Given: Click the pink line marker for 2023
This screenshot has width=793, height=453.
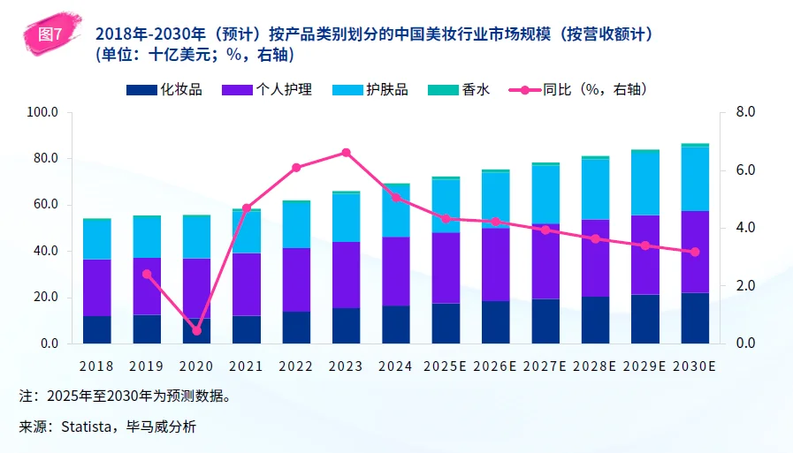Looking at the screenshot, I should point(346,153).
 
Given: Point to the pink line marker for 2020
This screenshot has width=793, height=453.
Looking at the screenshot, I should point(196,330).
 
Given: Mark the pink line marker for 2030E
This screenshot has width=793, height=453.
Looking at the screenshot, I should point(695,252).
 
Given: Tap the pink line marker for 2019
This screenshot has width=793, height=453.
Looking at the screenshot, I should point(147,274).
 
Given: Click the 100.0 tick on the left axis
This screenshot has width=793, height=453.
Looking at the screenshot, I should point(42,113).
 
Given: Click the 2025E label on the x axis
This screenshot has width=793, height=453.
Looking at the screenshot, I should point(446,366).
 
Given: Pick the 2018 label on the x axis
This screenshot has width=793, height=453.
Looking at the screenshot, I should point(96,366).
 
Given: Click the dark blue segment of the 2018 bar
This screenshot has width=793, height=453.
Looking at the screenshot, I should point(96,329).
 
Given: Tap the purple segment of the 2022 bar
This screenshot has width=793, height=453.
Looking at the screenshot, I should point(296,279).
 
